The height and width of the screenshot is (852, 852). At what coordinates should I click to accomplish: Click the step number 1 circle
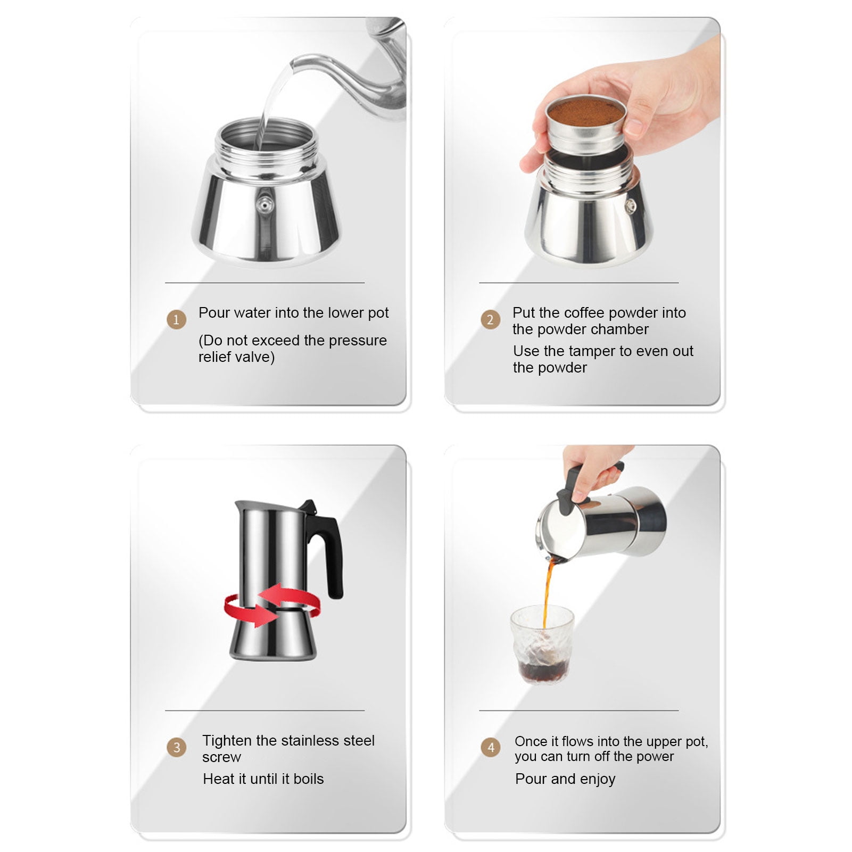(176, 320)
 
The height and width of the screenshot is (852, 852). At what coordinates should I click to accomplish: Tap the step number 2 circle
(490, 320)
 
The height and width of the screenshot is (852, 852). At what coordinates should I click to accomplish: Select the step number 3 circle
(177, 747)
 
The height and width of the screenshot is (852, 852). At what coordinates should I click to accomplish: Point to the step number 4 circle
(491, 747)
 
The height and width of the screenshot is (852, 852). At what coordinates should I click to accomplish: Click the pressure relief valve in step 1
(264, 203)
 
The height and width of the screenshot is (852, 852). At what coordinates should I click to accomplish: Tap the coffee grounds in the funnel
(585, 112)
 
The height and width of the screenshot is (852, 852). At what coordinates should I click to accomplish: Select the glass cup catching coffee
(542, 644)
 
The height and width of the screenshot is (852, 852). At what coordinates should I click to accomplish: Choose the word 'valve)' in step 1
(254, 357)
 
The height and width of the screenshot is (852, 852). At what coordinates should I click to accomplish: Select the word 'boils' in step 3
(309, 779)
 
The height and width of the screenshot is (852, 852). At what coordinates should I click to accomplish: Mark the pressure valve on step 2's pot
(630, 206)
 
